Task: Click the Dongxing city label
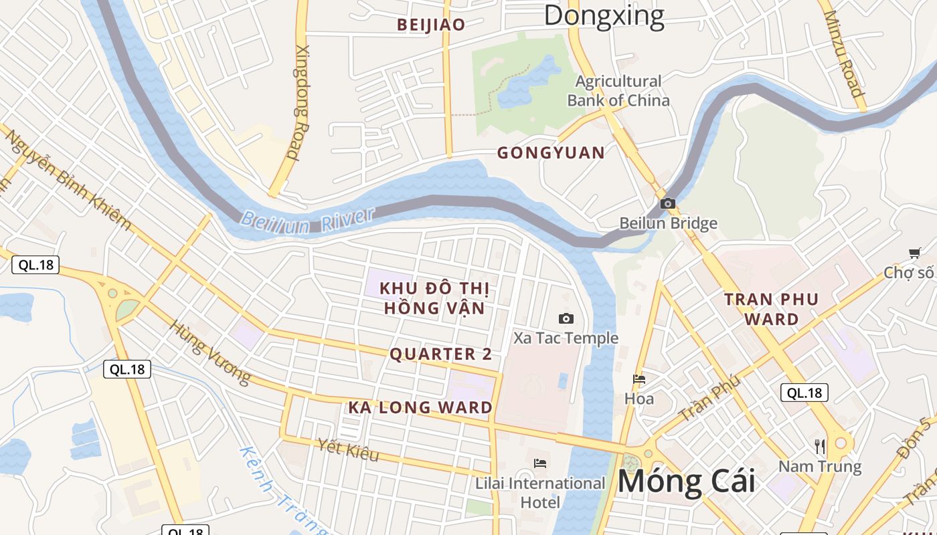pos(604,16)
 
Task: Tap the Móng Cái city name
pos(686,481)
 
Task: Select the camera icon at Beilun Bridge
pos(667,204)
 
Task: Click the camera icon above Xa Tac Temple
pos(566,319)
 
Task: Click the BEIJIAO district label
pos(431,25)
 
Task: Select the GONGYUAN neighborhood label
pos(551,153)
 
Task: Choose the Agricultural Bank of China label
pos(618,91)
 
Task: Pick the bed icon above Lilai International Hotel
pos(540,463)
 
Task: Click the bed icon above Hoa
pos(639,380)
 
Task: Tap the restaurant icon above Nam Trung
pos(820,446)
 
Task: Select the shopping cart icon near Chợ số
pos(914,253)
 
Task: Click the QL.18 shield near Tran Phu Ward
pos(804,393)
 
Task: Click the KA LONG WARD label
pos(420,407)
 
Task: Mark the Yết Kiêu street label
pos(348,450)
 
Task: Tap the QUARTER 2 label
pos(440,354)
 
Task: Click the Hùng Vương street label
pos(209,352)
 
